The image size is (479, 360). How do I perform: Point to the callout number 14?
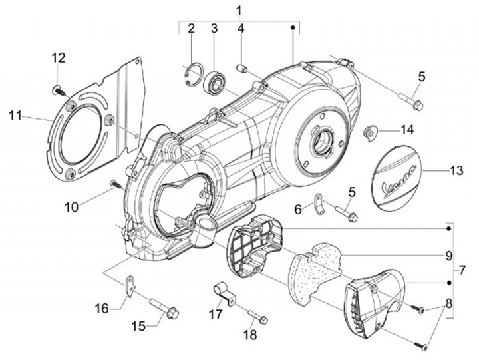(x=406, y=128)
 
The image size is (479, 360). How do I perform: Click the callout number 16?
(x=101, y=308)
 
